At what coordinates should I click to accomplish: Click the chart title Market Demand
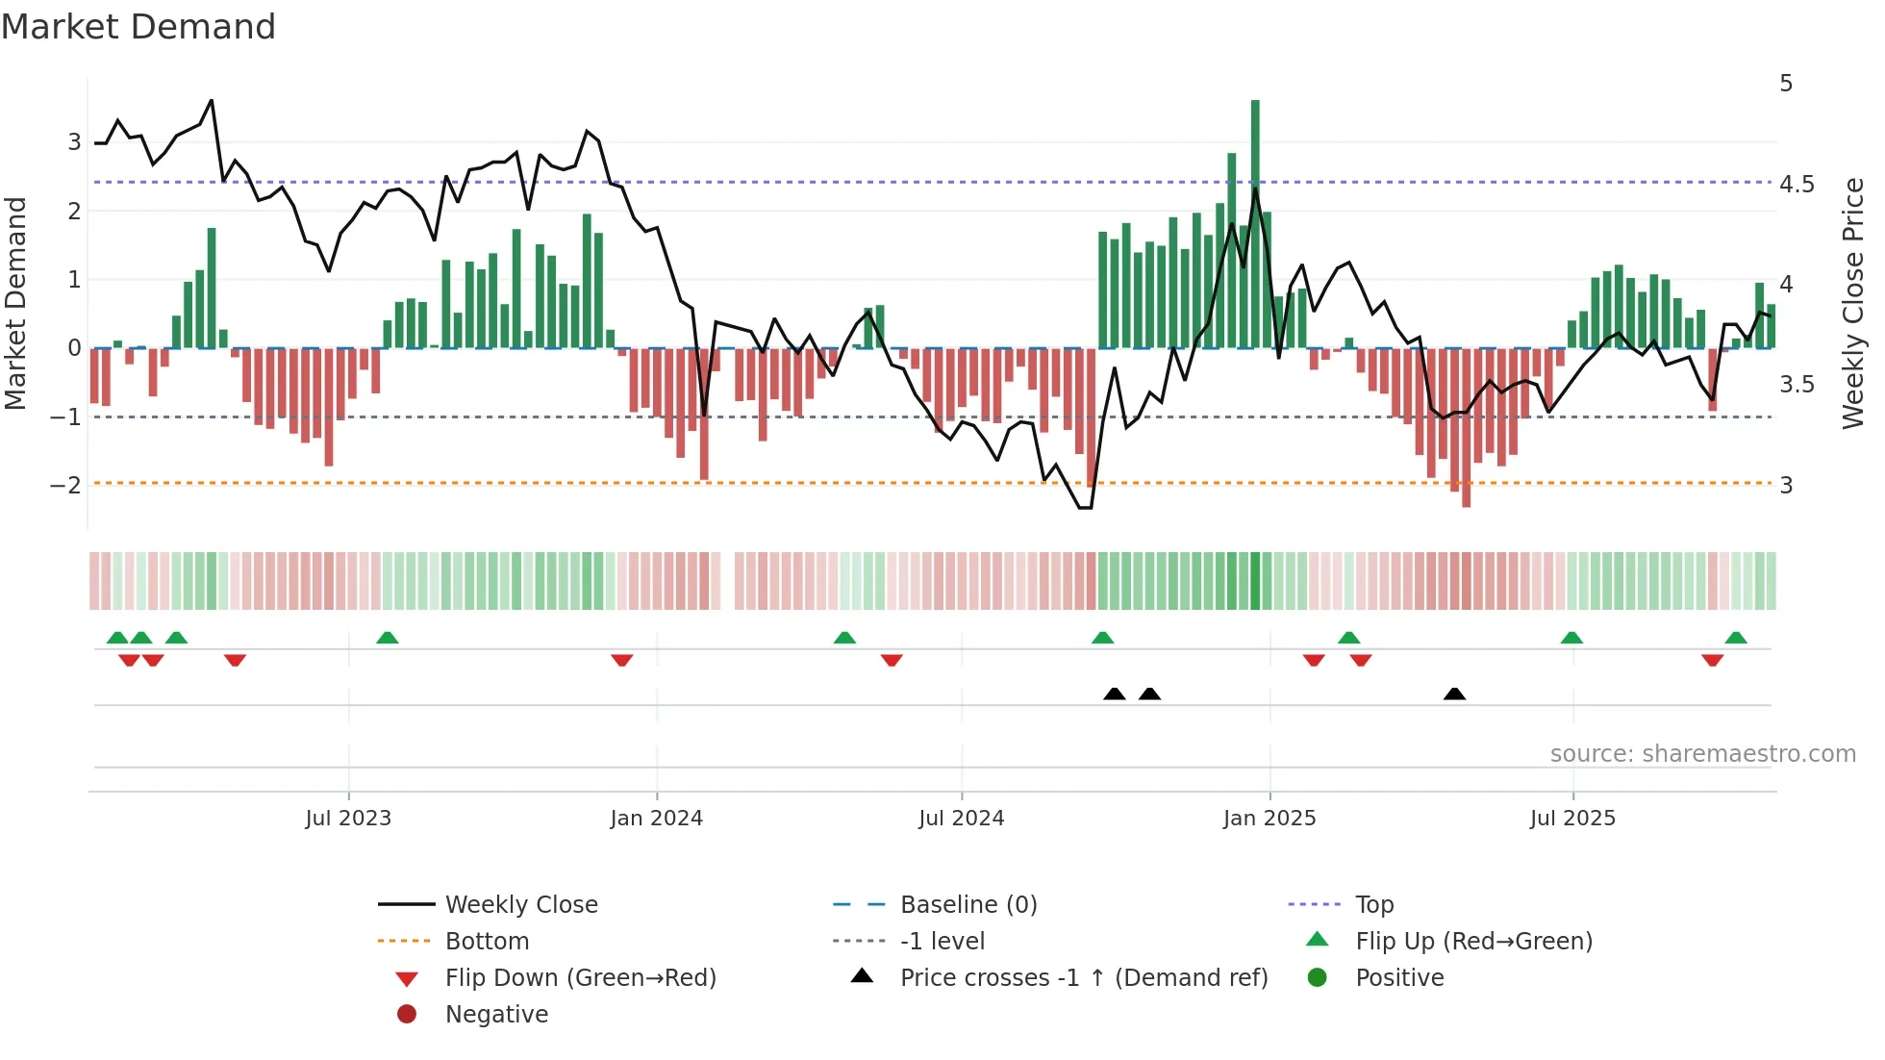[x=138, y=27]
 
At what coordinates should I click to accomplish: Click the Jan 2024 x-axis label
[x=656, y=819]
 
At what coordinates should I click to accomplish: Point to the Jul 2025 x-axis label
[x=1572, y=819]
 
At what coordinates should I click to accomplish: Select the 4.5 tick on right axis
[x=1796, y=185]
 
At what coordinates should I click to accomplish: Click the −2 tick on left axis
[x=65, y=485]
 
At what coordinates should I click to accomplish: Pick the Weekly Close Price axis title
[x=1852, y=303]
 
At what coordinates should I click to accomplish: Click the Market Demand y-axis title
[x=16, y=303]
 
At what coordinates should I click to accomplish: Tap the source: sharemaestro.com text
[x=1702, y=754]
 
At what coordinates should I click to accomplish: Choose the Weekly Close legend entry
[x=520, y=905]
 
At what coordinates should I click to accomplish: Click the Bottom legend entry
[x=487, y=942]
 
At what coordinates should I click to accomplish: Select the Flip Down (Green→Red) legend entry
[x=580, y=978]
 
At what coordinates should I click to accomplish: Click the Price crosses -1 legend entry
[x=1083, y=978]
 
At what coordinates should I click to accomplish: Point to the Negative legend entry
[x=496, y=1015]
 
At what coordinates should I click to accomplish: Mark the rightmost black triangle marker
[x=1454, y=694]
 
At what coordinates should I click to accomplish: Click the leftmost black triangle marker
[x=1114, y=694]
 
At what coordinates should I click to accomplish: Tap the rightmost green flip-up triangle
[x=1735, y=638]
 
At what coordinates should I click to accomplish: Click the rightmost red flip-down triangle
[x=1712, y=660]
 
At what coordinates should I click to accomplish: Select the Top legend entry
[x=1373, y=905]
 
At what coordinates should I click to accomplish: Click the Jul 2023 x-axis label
[x=348, y=819]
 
